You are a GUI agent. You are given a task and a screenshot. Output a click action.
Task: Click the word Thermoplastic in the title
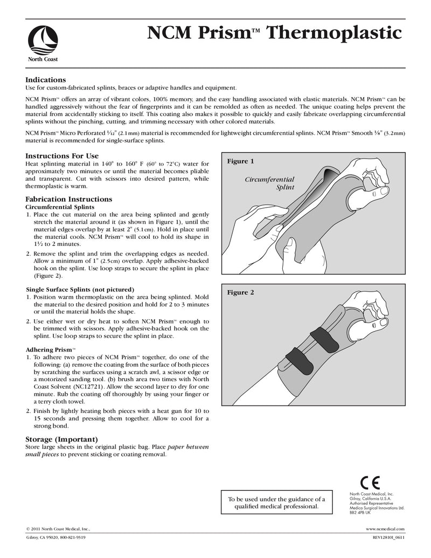pyautogui.click(x=335, y=33)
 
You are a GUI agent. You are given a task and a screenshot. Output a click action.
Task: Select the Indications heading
pyautogui.click(x=46, y=79)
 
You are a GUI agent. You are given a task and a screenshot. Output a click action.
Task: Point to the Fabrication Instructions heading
pyautogui.click(x=68, y=199)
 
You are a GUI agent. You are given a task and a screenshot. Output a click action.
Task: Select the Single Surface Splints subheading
pyautogui.click(x=80, y=289)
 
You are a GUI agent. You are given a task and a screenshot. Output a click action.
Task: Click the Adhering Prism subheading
pyautogui.click(x=51, y=349)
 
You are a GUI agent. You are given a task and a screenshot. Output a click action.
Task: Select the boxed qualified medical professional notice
pyautogui.click(x=277, y=502)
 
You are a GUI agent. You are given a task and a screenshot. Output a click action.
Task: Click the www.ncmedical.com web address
pyautogui.click(x=385, y=530)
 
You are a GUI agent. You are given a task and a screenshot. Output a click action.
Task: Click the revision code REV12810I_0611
pyautogui.click(x=388, y=538)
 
